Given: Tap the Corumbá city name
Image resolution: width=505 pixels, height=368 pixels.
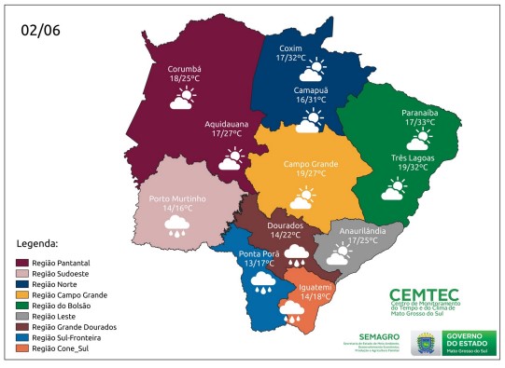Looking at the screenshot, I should click(x=184, y=69).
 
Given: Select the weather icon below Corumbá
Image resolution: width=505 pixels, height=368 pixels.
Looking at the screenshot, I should click(x=183, y=99).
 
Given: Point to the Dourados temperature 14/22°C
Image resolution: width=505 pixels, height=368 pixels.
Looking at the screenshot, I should click(x=286, y=236).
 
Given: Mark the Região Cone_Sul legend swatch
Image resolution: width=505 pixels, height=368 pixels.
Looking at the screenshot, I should click(x=22, y=349).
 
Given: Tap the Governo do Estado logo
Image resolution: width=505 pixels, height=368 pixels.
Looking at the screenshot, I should click(x=458, y=341).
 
